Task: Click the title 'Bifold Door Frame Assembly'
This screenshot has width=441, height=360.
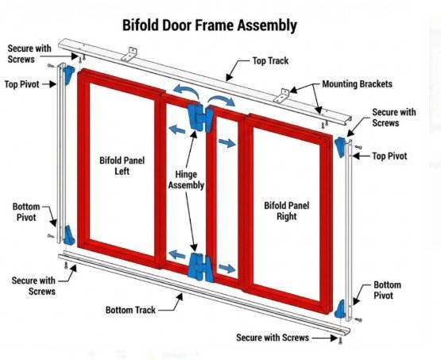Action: coord(210,25)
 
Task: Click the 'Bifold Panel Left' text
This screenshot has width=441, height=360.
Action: coord(118,165)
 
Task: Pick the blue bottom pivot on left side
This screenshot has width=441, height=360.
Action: coord(69,234)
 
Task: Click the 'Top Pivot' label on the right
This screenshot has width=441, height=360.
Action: coord(390,157)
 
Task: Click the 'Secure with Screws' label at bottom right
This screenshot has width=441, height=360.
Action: coord(273,338)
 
